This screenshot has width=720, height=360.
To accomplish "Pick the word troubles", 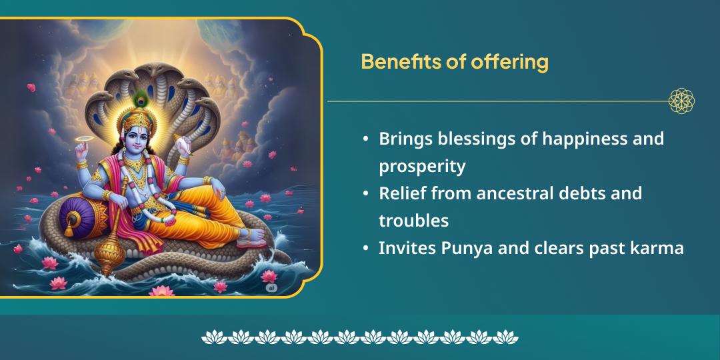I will click(x=413, y=221).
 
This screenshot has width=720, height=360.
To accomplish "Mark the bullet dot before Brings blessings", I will click(x=366, y=139).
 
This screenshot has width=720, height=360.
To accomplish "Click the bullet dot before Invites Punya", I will click(x=366, y=249).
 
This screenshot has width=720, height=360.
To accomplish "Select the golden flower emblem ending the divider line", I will click(x=681, y=101).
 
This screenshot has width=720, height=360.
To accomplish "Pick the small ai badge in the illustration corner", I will click(x=271, y=287).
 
